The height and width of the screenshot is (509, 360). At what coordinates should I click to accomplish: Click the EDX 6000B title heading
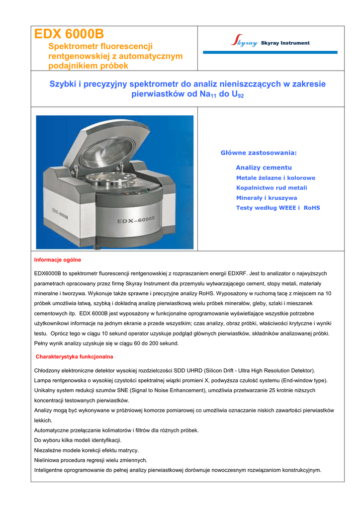[69, 34]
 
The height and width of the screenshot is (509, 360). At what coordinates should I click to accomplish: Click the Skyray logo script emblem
[244, 42]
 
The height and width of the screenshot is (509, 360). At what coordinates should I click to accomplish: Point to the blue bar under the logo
[270, 52]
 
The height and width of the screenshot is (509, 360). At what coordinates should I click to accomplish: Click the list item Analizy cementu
[264, 168]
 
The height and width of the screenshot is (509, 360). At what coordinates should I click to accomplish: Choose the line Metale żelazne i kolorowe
[275, 178]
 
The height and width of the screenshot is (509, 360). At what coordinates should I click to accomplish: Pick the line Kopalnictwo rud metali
[271, 188]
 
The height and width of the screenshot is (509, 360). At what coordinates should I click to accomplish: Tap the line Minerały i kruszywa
[267, 198]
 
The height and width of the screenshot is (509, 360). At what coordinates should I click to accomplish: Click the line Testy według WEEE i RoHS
[278, 208]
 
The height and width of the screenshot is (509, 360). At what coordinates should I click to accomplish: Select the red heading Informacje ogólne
[57, 260]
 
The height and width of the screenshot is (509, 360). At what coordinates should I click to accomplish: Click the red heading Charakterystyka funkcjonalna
[74, 356]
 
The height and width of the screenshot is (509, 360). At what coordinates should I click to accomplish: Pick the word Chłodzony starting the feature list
[48, 371]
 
